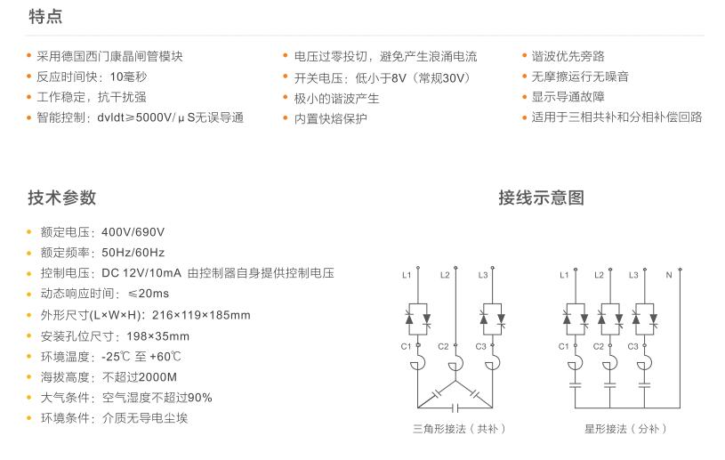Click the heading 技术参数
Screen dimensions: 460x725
click(x=61, y=198)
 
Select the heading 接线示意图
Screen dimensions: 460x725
click(x=541, y=198)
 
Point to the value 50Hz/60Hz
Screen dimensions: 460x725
click(x=133, y=253)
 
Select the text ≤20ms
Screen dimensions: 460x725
click(x=149, y=294)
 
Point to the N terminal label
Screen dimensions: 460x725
click(x=669, y=275)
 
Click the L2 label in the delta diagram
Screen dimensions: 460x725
click(x=445, y=275)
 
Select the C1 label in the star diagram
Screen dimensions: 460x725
click(x=564, y=345)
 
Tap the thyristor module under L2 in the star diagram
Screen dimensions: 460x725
click(x=609, y=315)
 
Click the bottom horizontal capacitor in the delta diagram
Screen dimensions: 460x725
click(x=456, y=408)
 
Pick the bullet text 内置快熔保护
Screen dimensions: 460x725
click(x=330, y=118)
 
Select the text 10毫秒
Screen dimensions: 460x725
click(x=129, y=77)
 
